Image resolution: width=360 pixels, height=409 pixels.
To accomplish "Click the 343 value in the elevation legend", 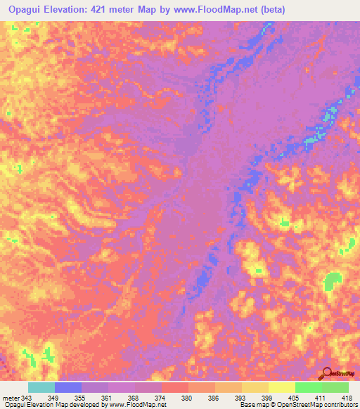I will (27, 397).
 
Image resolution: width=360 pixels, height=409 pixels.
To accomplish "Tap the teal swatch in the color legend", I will (41, 387).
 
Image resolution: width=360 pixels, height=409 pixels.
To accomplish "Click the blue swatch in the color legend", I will (68, 387).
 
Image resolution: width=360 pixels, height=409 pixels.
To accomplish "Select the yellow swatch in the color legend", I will (282, 387).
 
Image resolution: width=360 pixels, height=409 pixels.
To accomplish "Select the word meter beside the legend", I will (11, 397).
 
